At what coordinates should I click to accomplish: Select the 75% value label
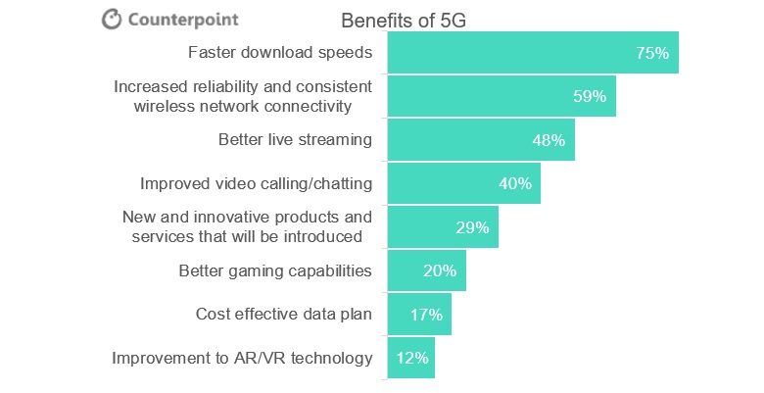[x=651, y=53]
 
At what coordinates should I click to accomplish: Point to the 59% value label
[x=590, y=96]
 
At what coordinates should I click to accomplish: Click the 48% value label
[x=549, y=140]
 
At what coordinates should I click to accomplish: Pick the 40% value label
[x=514, y=183]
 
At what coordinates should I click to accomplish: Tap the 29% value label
[x=472, y=227]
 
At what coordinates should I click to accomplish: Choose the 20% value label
[x=440, y=270]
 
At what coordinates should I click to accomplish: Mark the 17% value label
[x=426, y=315]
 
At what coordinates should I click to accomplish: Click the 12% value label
[x=412, y=358]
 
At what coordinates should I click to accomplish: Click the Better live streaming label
[x=295, y=139]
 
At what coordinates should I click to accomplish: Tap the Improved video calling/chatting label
[x=256, y=183]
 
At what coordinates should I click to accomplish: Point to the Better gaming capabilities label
[x=275, y=270]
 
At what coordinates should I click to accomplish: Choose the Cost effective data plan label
[x=284, y=315]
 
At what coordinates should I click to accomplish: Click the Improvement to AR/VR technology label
[x=242, y=358]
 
